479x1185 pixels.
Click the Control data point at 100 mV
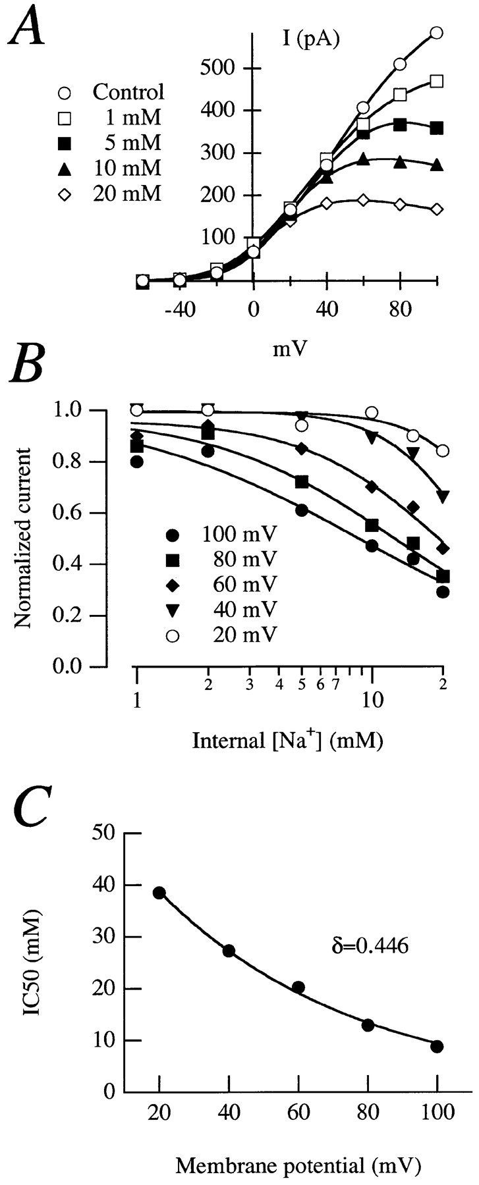coord(436,32)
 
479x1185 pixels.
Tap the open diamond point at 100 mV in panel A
coord(436,209)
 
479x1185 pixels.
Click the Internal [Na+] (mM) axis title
coord(288,741)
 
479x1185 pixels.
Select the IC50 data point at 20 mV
coord(159,893)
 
